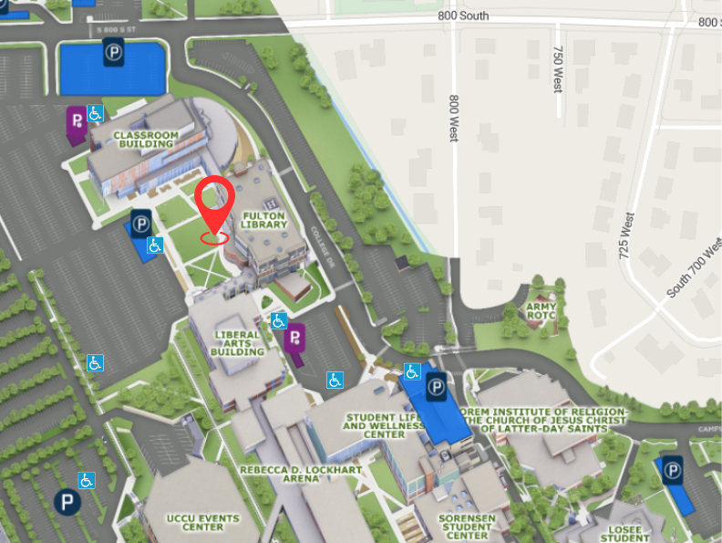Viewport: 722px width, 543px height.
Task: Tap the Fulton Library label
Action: (x=264, y=219)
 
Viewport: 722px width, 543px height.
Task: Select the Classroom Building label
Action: (x=145, y=139)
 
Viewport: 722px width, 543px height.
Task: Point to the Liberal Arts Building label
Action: (x=237, y=342)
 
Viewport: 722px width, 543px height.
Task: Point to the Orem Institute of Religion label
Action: (x=545, y=420)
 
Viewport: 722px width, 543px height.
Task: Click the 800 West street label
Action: (x=453, y=118)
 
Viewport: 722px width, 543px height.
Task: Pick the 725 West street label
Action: (x=626, y=236)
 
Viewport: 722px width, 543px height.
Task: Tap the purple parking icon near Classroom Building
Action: (x=76, y=121)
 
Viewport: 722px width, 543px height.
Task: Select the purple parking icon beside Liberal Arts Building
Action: (x=294, y=340)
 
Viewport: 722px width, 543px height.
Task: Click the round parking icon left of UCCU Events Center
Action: (x=66, y=501)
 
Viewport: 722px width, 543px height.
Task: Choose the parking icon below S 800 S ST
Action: (x=113, y=53)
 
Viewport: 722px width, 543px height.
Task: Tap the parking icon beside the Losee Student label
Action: (x=673, y=470)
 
